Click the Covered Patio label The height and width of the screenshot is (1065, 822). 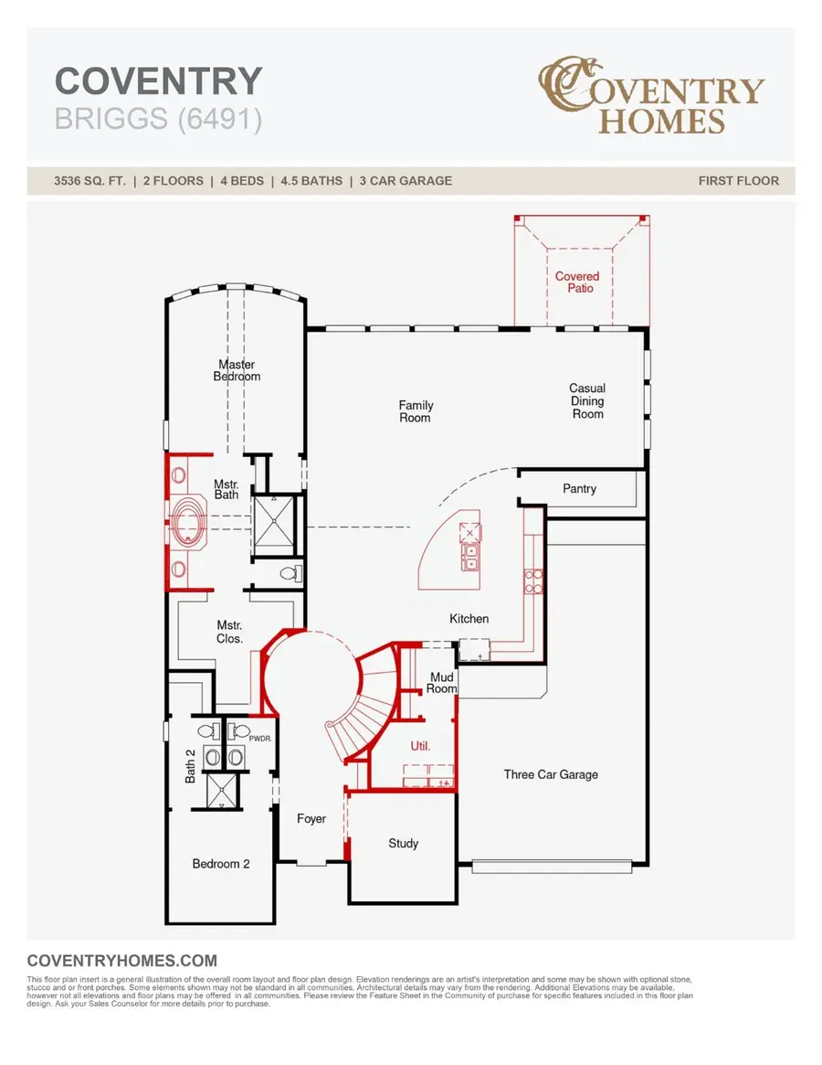click(577, 282)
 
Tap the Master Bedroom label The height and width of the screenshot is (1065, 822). click(237, 370)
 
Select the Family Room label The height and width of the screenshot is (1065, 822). click(416, 411)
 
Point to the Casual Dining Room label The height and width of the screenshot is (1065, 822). click(587, 401)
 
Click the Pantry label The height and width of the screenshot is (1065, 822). click(579, 489)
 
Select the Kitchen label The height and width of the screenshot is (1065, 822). click(469, 619)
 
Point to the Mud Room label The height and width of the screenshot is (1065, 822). click(441, 683)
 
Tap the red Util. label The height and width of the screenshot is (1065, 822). click(420, 746)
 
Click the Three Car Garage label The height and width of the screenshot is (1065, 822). click(551, 774)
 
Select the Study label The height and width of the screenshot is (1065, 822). click(403, 843)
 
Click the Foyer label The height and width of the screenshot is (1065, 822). click(311, 818)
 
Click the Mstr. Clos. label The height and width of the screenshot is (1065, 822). click(229, 632)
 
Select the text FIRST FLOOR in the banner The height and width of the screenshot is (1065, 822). click(738, 181)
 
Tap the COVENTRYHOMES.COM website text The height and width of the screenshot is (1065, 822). click(122, 961)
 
